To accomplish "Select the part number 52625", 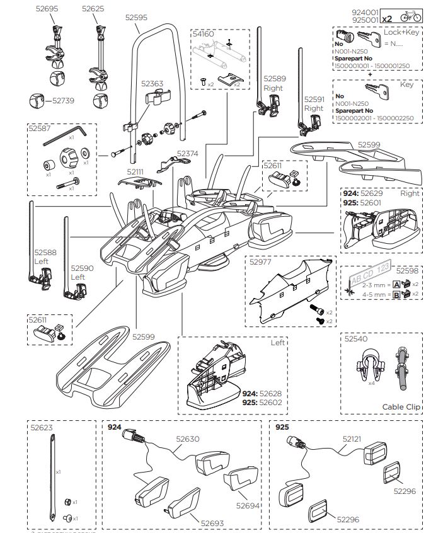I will (94, 9).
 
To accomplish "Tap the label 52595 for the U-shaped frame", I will (136, 18).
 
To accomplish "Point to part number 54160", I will (203, 34).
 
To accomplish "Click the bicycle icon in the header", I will (430, 16).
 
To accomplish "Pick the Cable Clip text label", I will (401, 407).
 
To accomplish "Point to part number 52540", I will (356, 338).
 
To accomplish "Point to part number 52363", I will (152, 83).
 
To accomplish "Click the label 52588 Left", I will (45, 256).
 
